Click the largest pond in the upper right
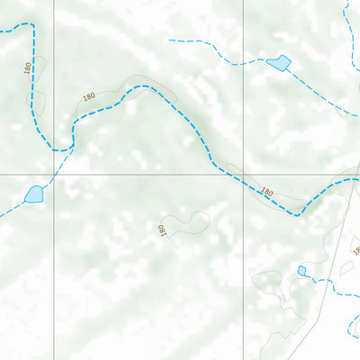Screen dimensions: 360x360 point(278,63)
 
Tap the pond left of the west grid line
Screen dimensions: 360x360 point(33,193)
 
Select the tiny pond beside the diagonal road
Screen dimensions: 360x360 point(302,270)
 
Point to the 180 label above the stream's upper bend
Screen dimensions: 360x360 point(88,96)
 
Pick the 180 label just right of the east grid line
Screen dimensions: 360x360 point(266,192)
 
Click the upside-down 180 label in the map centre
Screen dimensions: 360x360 point(163,230)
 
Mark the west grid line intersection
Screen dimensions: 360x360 point(54,175)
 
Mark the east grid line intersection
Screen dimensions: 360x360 point(243,175)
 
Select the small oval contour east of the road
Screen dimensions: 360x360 point(346,267)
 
